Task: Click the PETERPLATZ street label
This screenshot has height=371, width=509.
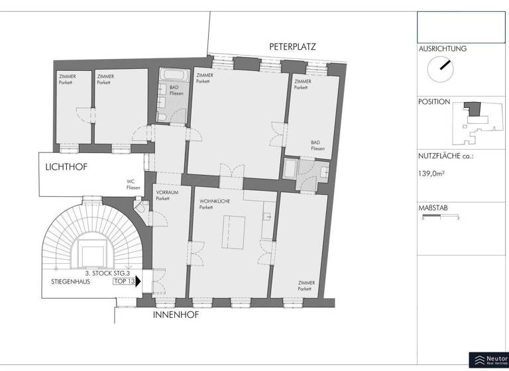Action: tap(292, 47)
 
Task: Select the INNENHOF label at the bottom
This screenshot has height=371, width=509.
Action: tap(176, 315)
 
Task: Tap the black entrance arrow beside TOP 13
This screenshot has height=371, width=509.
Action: tap(139, 281)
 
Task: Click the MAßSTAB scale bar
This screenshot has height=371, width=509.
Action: tap(441, 215)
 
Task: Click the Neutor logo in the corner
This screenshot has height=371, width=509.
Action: tap(488, 360)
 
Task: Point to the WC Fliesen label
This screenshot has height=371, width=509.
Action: tap(134, 184)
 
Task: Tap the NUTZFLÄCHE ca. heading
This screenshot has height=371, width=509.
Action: tap(446, 156)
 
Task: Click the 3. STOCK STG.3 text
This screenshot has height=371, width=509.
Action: tap(109, 273)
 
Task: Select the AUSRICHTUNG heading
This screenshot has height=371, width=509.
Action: tap(442, 49)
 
